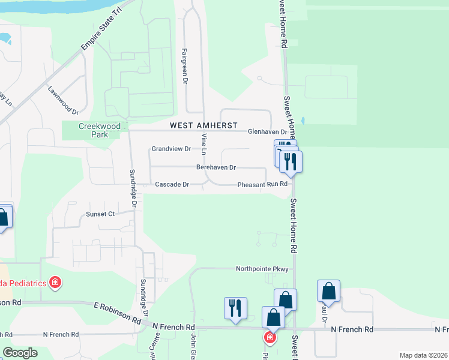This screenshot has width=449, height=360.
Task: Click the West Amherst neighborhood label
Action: [199, 125]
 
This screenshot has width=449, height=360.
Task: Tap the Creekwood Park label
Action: [100, 130]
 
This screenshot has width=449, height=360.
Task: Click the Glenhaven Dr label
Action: [268, 132]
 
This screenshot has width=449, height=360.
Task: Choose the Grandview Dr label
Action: [171, 148]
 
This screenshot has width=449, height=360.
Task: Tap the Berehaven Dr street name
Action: [215, 167]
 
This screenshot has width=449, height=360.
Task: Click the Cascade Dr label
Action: [172, 185]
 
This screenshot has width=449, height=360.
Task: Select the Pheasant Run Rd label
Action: [262, 185]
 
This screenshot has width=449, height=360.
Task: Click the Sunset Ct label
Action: [100, 214]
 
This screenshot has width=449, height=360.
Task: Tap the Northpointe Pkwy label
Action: [262, 269]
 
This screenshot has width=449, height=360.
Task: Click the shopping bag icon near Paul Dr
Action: [328, 292]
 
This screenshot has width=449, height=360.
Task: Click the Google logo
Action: [20, 353]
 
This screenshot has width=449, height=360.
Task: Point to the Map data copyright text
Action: [423, 355]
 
